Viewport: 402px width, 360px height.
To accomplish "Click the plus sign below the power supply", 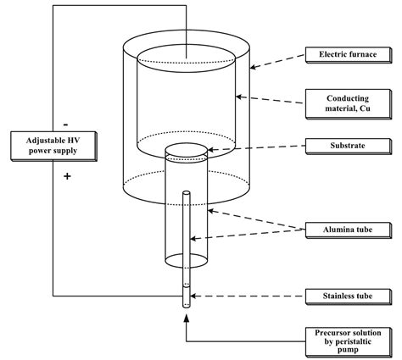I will click(x=66, y=177).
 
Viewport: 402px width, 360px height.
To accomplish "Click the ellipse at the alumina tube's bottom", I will click(x=185, y=260).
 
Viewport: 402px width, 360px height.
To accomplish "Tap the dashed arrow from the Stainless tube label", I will click(x=246, y=296).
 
